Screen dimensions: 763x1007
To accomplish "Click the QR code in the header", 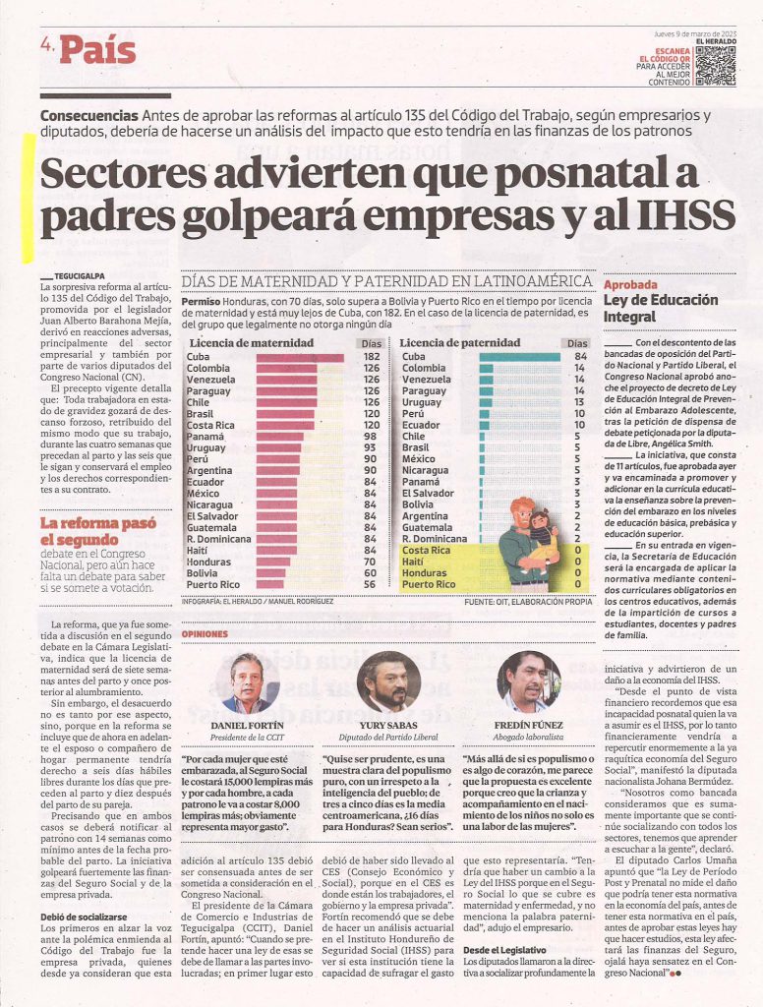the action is click(x=715, y=66).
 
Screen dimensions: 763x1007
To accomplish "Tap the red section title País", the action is click(x=98, y=51).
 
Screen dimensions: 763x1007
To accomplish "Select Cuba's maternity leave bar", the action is click(x=300, y=357).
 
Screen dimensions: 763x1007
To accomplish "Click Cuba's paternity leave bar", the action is click(x=520, y=357).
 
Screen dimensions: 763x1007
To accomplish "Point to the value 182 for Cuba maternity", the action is click(x=372, y=357).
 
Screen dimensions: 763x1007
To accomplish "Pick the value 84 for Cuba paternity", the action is click(x=580, y=356).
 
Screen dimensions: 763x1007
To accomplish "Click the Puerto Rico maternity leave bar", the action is click(x=269, y=584).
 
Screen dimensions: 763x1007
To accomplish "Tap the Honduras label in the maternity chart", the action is click(x=208, y=562).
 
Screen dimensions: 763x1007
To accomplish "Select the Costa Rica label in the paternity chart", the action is click(x=426, y=551).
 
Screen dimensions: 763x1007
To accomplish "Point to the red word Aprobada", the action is click(x=630, y=284).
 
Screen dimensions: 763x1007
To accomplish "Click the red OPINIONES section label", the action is click(x=205, y=634).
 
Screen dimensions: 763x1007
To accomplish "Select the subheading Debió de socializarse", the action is click(x=84, y=918).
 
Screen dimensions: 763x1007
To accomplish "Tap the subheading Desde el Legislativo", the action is click(x=504, y=950).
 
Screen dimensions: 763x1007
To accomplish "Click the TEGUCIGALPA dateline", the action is click(x=79, y=276).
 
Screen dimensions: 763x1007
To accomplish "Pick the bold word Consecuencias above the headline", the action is click(x=89, y=116).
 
